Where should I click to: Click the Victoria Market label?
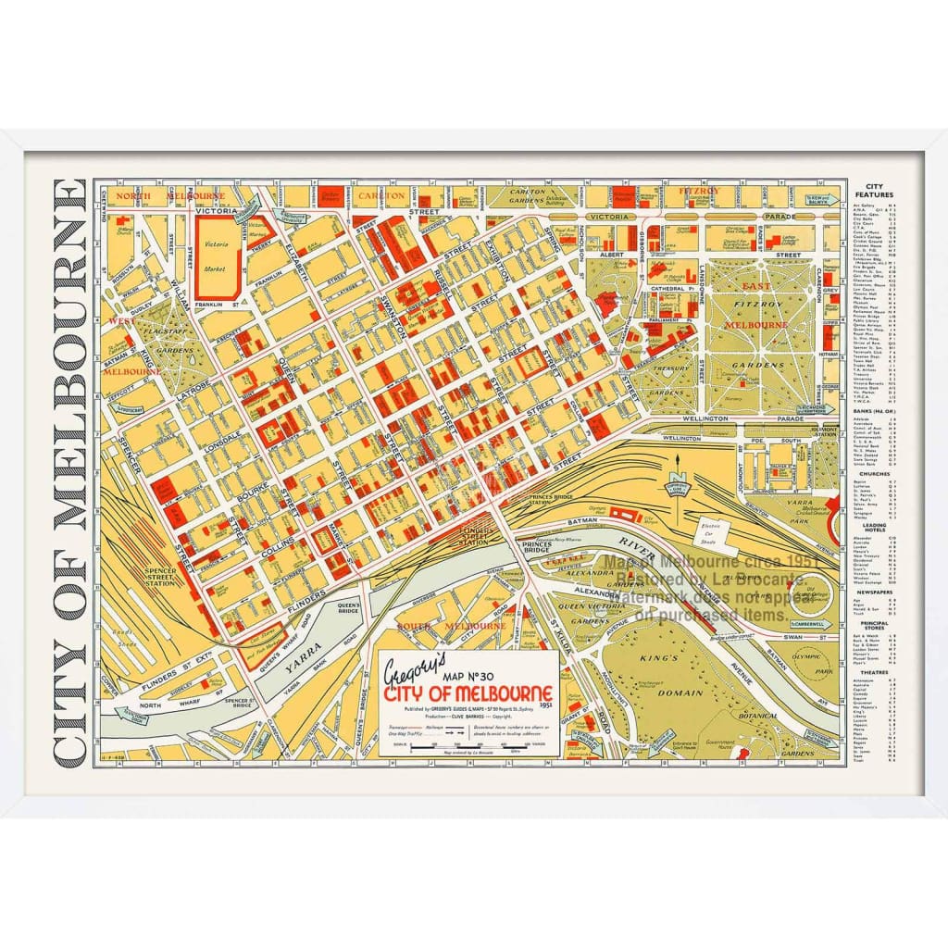(216, 255)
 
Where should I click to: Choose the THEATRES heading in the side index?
(873, 673)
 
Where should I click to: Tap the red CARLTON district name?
(380, 196)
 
